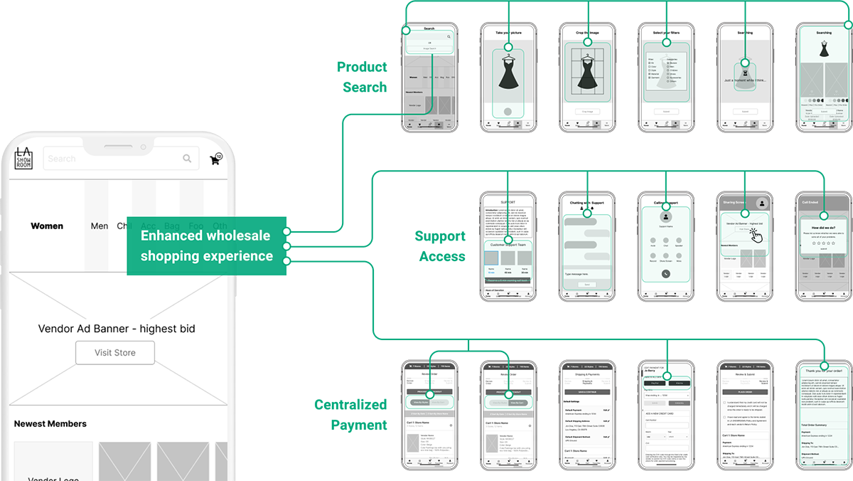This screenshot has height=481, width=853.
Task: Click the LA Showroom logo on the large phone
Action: point(24,158)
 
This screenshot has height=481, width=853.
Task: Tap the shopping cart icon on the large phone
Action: point(215,159)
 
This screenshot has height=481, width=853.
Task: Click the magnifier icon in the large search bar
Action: point(187,159)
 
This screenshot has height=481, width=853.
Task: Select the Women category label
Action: point(47,226)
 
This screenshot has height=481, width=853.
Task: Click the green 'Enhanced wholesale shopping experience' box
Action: point(207,245)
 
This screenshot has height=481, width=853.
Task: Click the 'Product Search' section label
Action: point(363,77)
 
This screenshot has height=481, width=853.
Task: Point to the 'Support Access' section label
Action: point(441,246)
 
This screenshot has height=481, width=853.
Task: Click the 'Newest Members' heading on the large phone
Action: point(50,424)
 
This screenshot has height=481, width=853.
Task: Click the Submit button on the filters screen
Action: point(667,112)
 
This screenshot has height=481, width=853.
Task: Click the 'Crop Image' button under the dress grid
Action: point(587,112)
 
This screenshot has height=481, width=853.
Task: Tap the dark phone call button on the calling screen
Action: point(666,274)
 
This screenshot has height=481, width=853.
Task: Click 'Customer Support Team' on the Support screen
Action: point(508,245)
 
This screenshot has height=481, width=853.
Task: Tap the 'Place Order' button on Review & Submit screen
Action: point(745,392)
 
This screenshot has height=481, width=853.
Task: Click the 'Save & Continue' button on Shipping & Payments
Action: point(587,392)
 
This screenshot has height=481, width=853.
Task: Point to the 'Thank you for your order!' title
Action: point(824,371)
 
